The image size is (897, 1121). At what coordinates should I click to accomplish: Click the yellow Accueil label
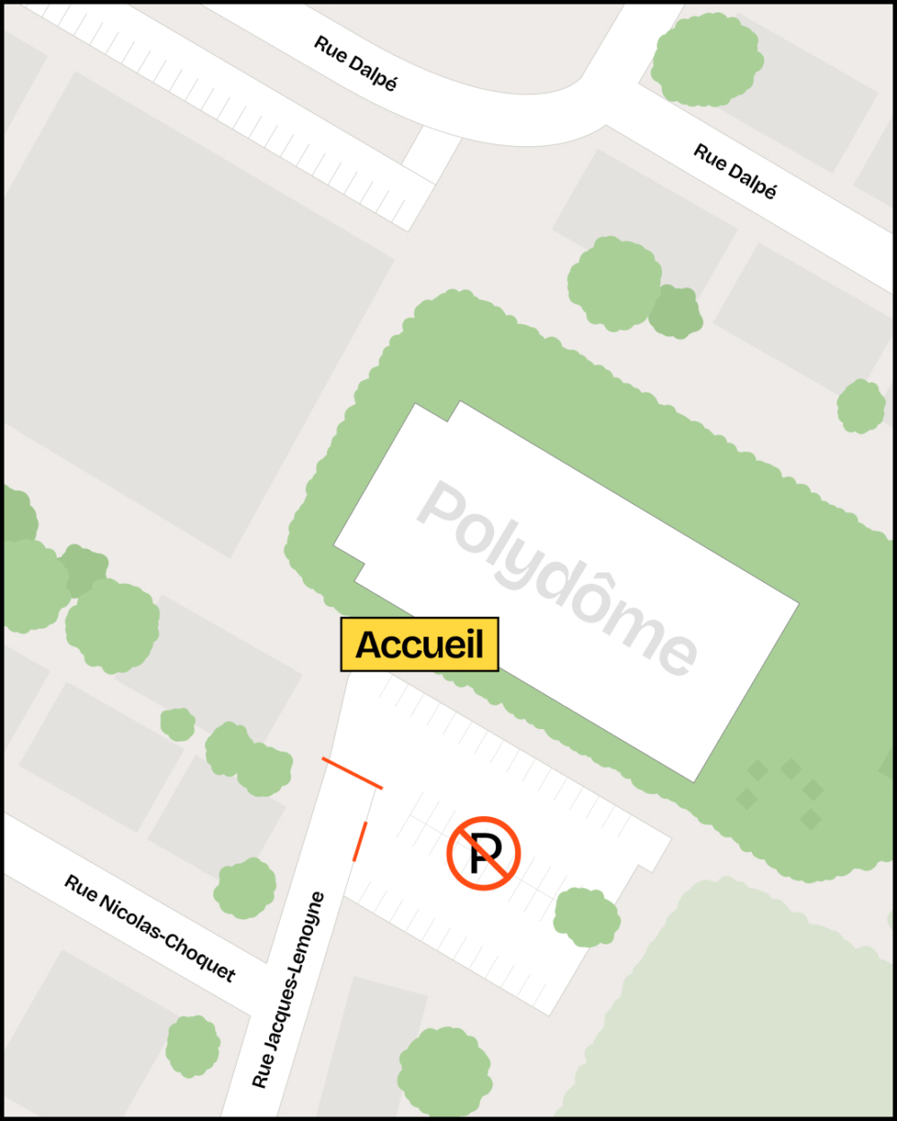pyautogui.click(x=419, y=645)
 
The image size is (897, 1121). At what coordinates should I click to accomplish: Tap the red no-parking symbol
pyautogui.click(x=483, y=853)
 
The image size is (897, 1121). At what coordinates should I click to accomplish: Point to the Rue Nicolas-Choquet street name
pyautogui.click(x=150, y=928)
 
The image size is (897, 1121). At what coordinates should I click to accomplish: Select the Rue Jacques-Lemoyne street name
pyautogui.click(x=288, y=990)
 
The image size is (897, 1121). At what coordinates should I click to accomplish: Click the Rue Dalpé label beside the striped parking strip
pyautogui.click(x=355, y=63)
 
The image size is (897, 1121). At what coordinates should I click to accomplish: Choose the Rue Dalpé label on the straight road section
pyautogui.click(x=735, y=171)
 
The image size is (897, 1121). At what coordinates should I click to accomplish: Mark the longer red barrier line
pyautogui.click(x=353, y=773)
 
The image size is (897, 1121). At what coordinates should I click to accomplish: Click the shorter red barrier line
pyautogui.click(x=360, y=841)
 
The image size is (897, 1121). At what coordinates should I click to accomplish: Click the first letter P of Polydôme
pyautogui.click(x=446, y=508)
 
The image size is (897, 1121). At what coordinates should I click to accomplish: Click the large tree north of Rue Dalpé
pyautogui.click(x=707, y=59)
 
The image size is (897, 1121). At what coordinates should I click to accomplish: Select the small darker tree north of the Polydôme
pyautogui.click(x=675, y=310)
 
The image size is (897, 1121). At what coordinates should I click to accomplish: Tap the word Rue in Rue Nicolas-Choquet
pyautogui.click(x=82, y=890)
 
